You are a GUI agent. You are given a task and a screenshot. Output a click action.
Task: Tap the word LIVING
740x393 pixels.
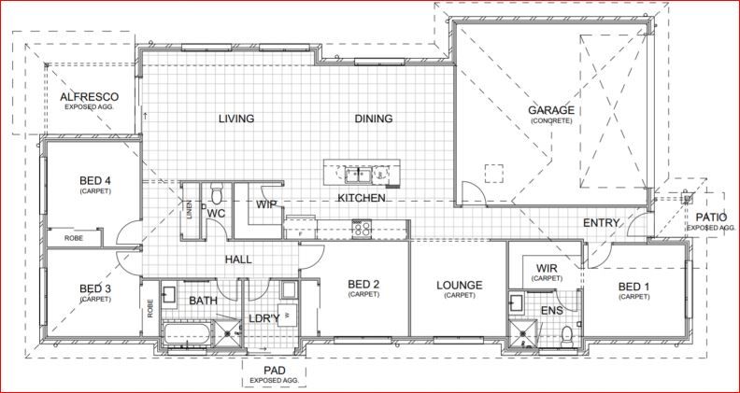(236, 119)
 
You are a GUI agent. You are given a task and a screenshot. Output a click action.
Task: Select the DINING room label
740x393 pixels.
(373, 119)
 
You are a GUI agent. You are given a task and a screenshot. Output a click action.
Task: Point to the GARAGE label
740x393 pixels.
(551, 110)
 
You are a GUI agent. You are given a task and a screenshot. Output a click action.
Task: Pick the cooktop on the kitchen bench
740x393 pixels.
(361, 224)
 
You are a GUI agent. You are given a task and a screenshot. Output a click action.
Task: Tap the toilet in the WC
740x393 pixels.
(217, 194)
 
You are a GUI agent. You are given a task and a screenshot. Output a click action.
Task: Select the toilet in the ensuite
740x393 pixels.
(567, 332)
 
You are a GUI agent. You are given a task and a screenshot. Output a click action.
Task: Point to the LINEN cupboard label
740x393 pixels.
(190, 211)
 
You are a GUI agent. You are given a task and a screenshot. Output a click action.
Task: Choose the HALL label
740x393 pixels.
(239, 260)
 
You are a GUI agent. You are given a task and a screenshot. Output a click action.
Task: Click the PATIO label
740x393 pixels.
(712, 217)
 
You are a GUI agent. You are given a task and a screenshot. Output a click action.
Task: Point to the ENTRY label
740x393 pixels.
(601, 223)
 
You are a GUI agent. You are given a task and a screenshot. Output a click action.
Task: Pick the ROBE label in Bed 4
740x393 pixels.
(73, 239)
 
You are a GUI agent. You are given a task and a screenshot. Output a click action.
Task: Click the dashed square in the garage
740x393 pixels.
(493, 175)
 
